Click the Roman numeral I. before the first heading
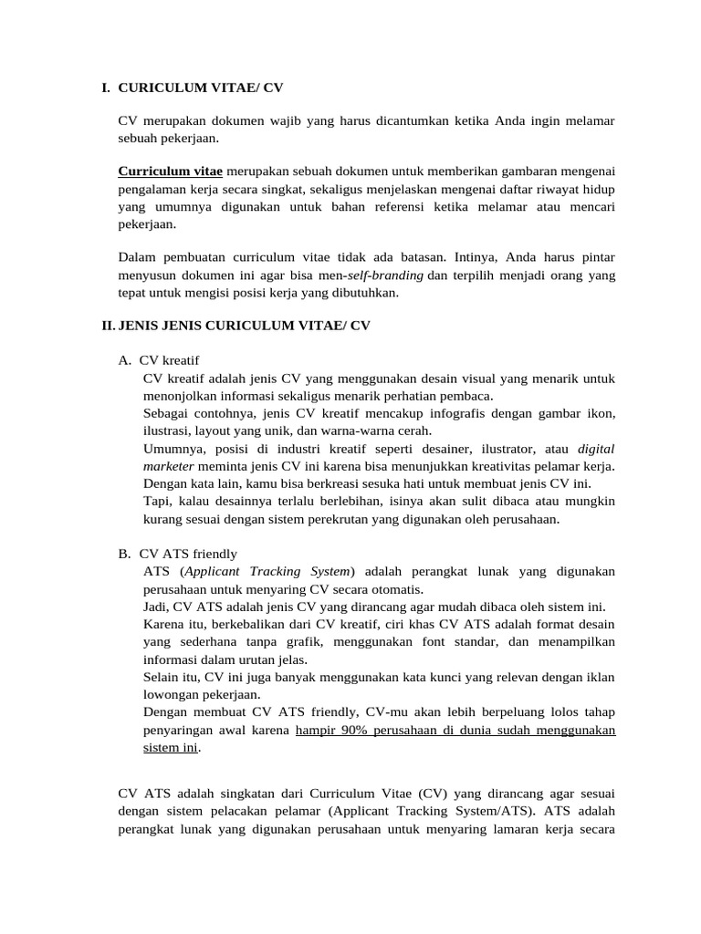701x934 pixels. (106, 88)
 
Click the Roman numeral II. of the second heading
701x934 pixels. (108, 326)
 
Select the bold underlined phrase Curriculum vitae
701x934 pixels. (171, 171)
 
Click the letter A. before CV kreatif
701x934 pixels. (125, 360)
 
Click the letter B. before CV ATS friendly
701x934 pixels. (125, 554)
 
